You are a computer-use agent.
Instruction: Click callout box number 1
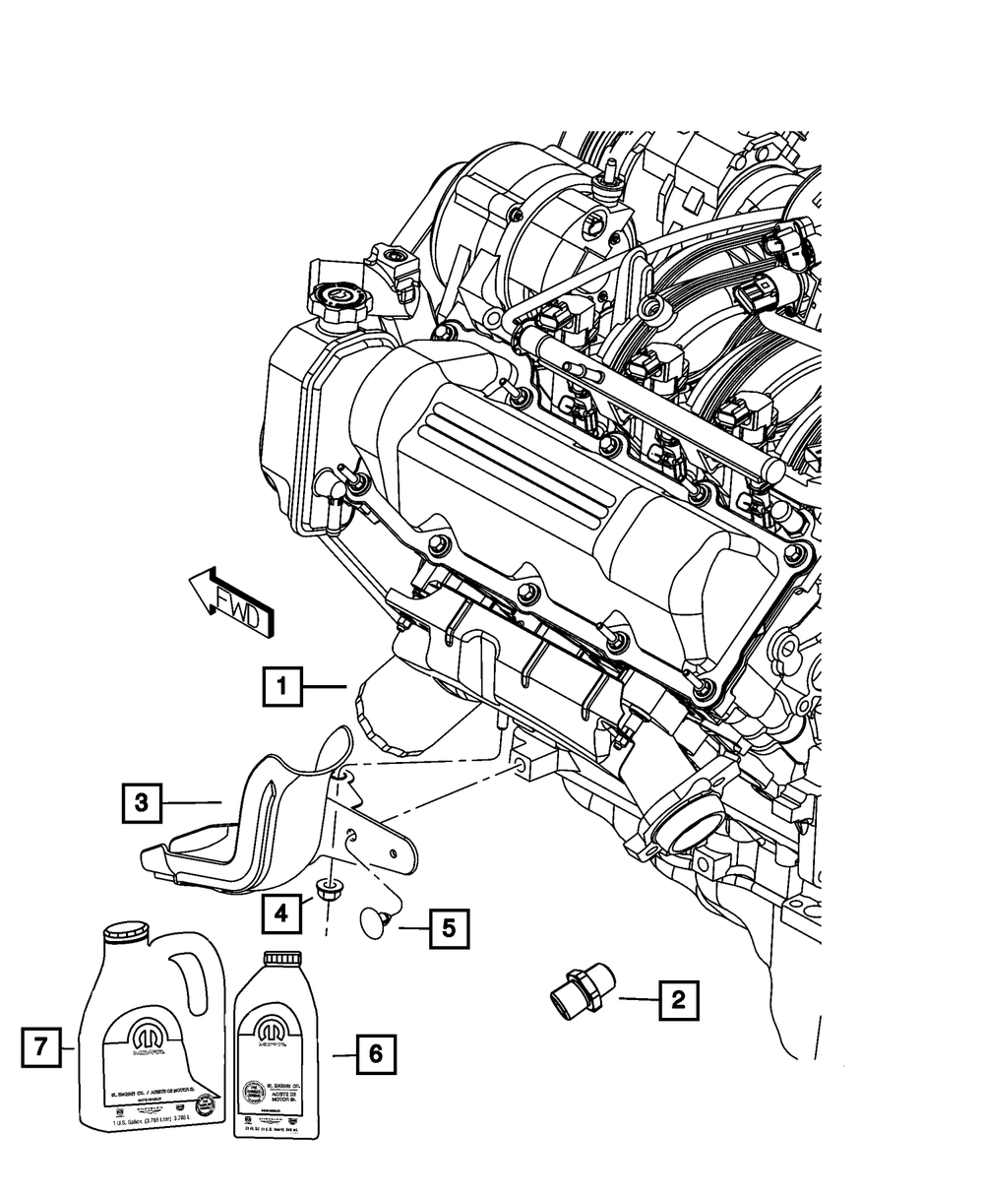pyautogui.click(x=281, y=687)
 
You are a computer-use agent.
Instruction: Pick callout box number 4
pyautogui.click(x=281, y=913)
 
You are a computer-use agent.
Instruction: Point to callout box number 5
pyautogui.click(x=448, y=928)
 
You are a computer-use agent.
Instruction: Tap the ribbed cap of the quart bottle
pyautogui.click(x=282, y=957)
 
